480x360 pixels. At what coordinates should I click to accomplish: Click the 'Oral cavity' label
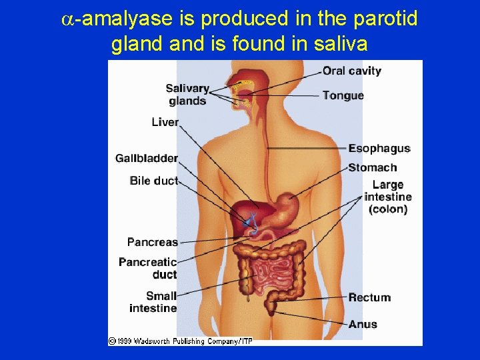[351, 71]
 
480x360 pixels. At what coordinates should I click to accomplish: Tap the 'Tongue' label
[343, 95]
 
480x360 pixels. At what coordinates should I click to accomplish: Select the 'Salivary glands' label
[187, 95]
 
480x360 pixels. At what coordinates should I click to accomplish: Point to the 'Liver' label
[165, 122]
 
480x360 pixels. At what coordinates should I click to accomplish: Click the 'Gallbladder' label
[147, 159]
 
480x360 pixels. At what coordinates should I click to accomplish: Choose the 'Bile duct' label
[154, 181]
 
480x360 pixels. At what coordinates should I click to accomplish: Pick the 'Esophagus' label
[379, 149]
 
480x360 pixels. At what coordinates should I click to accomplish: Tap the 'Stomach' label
[372, 168]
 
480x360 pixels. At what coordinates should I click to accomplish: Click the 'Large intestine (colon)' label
[388, 197]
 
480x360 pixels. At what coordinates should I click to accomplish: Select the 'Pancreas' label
[153, 242]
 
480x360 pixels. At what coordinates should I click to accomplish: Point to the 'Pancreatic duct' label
[148, 268]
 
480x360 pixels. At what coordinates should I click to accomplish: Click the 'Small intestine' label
[153, 301]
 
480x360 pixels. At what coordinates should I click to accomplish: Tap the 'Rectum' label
[369, 297]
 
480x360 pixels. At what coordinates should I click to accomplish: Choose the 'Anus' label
[363, 325]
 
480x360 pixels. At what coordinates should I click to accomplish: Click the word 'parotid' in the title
[389, 19]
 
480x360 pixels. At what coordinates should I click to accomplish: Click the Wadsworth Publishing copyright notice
[180, 341]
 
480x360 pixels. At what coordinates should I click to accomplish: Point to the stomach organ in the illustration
[288, 206]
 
